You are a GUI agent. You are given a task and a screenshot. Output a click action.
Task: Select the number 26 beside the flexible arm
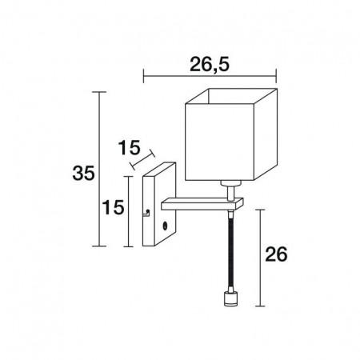[276, 255]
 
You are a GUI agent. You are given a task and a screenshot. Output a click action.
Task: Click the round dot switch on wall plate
[164, 227]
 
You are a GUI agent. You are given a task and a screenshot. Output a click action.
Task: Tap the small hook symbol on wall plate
[146, 213]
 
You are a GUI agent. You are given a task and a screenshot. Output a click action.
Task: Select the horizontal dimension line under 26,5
[209, 77]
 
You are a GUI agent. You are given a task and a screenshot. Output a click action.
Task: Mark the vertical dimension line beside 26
[260, 256]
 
